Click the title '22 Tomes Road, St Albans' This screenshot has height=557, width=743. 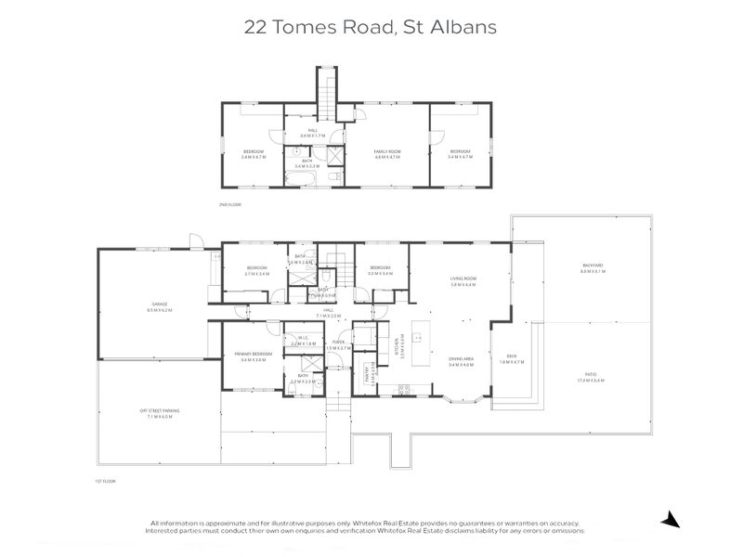[x=371, y=26]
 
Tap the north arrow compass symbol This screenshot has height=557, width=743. [x=669, y=518]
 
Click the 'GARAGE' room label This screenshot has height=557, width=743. [x=159, y=305]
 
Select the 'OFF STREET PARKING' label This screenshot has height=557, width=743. [x=159, y=413]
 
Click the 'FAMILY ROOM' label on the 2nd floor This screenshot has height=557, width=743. [x=386, y=153]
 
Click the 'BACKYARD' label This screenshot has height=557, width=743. [x=593, y=268]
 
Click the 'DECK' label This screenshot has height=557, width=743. [x=512, y=357]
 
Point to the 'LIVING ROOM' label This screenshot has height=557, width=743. [x=463, y=280]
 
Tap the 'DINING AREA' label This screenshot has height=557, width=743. [x=462, y=363]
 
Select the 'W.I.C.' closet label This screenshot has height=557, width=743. [x=303, y=341]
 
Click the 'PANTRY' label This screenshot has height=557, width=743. [x=369, y=373]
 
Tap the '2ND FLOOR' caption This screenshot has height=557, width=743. [x=229, y=203]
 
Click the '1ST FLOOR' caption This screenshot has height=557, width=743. [x=103, y=482]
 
